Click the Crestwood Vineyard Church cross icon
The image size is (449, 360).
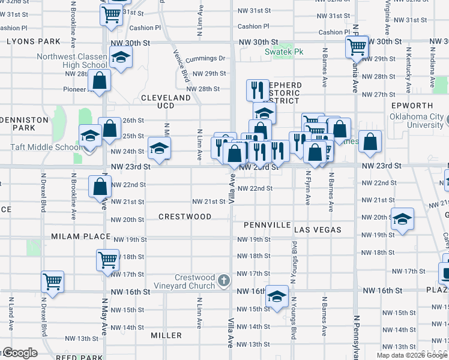point(223,280)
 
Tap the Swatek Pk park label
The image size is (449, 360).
point(284,52)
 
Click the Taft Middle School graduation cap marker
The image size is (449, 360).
point(90,136)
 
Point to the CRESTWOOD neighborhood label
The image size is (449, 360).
point(185,216)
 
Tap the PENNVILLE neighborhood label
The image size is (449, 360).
point(267,225)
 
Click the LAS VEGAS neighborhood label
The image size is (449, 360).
point(318,230)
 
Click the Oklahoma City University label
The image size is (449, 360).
point(417,121)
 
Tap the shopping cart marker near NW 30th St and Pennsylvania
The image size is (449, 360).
point(357,46)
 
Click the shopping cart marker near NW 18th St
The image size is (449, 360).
point(107,260)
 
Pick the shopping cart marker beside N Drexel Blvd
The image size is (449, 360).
point(53,281)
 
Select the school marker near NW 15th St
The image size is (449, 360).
point(277,296)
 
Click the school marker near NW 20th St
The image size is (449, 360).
point(402,219)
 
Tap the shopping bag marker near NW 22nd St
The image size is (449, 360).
point(100,186)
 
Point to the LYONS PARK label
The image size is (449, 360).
point(34,41)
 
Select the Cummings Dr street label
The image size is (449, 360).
point(205,59)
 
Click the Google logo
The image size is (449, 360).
point(20,353)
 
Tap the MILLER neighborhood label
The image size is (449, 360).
point(166,335)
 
